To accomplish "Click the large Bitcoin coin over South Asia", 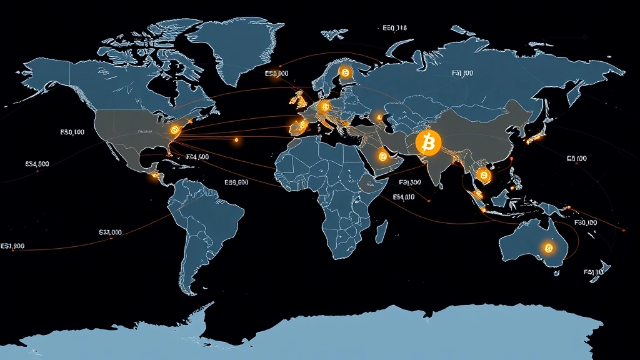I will [428, 143].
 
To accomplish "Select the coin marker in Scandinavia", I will [343, 73].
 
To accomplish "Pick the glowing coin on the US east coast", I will [174, 129].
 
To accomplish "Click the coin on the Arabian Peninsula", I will [382, 156].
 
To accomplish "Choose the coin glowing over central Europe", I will [324, 107].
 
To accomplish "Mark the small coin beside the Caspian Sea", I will [378, 116].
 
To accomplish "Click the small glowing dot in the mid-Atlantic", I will [236, 140].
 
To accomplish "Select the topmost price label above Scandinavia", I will [393, 28].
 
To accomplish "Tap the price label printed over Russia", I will [462, 73].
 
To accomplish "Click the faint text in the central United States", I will [146, 132].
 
